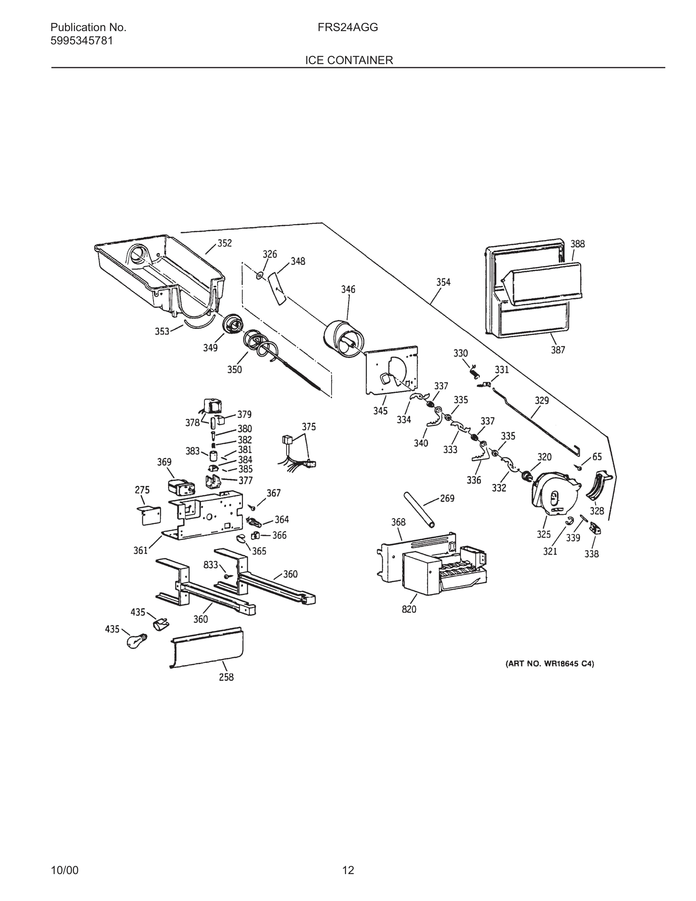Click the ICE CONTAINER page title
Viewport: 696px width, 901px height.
pos(349,60)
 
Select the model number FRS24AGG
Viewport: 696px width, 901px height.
pos(348,28)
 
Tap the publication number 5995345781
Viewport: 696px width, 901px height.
pos(82,41)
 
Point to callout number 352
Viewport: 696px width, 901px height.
pos(225,243)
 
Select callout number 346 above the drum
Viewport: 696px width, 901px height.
pos(348,290)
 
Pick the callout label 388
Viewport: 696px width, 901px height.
pos(577,244)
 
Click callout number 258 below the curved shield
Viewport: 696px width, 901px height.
pos(226,677)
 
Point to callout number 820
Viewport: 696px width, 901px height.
pos(409,609)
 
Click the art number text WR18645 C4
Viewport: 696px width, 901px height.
pos(550,664)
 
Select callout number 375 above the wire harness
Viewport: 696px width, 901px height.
pos(309,427)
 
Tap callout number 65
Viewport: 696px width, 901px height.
pos(597,457)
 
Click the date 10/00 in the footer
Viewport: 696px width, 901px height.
pos(64,870)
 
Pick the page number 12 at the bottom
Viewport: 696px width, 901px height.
pos(348,870)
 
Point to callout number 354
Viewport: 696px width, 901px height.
pos(444,282)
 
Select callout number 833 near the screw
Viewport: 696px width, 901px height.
pos(211,565)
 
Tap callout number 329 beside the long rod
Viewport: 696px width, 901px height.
pos(542,400)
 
